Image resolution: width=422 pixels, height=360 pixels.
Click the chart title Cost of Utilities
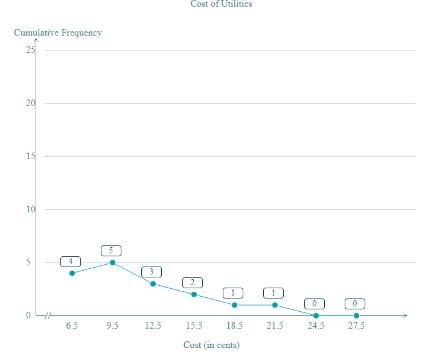point(221,4)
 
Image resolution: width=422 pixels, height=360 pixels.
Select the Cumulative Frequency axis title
point(58,33)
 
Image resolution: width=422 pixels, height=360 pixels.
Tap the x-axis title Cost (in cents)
point(211,345)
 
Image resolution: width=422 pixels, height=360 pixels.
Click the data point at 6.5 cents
point(72,273)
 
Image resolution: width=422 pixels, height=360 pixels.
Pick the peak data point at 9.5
point(112,262)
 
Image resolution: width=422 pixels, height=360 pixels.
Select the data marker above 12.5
point(153,283)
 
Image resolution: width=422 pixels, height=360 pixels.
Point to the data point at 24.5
point(316,315)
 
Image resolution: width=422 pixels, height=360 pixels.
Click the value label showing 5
point(111,251)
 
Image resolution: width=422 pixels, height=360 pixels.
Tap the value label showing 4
point(71,262)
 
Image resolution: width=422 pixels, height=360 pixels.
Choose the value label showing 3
point(152,272)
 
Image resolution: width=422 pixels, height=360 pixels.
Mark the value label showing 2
point(193,283)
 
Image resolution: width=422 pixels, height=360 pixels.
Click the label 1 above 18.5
point(233,293)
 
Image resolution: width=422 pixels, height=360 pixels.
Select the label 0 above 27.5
point(355,304)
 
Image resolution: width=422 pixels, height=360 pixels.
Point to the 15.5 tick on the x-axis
point(194,326)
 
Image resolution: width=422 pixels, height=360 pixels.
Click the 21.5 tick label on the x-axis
point(275,326)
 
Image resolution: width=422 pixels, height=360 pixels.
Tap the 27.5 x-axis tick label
point(356,326)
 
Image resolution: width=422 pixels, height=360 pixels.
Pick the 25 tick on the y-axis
point(30,50)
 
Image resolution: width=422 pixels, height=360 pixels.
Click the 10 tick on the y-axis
point(30,209)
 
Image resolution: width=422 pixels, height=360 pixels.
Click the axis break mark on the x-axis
point(51,315)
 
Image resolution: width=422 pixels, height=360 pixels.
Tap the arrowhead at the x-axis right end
point(405,315)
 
